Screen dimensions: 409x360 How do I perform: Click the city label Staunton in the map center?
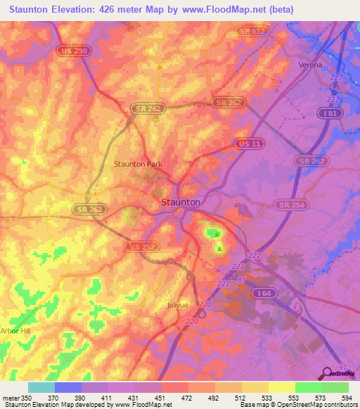181,202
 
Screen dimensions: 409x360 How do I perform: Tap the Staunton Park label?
139,164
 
